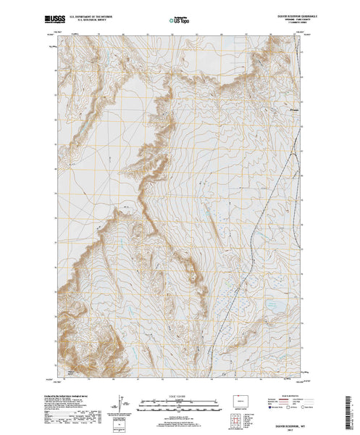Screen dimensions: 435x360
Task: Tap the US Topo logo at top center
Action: [179, 17]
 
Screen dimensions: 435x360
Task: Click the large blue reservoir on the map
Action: [276, 305]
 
